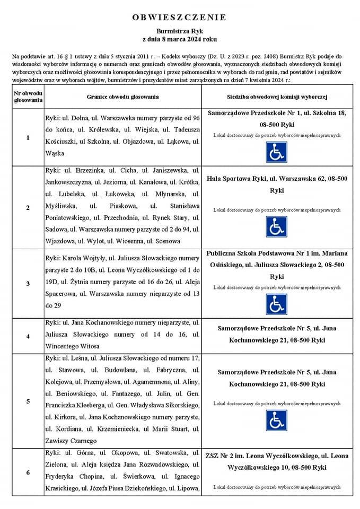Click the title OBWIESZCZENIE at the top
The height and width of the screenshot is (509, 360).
point(179,17)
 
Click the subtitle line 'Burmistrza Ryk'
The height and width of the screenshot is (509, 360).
point(179,32)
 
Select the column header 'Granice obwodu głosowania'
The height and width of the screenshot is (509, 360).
point(122,97)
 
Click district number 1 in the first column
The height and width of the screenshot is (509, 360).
point(28,138)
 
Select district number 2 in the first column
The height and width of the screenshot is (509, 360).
point(28,207)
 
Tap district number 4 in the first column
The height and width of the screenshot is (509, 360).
point(28,336)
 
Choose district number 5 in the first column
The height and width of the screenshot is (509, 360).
point(28,401)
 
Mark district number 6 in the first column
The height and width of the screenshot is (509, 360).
point(28,472)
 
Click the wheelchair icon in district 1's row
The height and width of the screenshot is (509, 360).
point(276,153)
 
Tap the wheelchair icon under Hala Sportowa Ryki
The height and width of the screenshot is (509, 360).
point(276,227)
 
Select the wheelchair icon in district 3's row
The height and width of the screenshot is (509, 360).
point(276,304)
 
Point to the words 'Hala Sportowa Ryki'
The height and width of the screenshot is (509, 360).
point(235,179)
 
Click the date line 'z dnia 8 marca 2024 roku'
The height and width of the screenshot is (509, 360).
point(179,40)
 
